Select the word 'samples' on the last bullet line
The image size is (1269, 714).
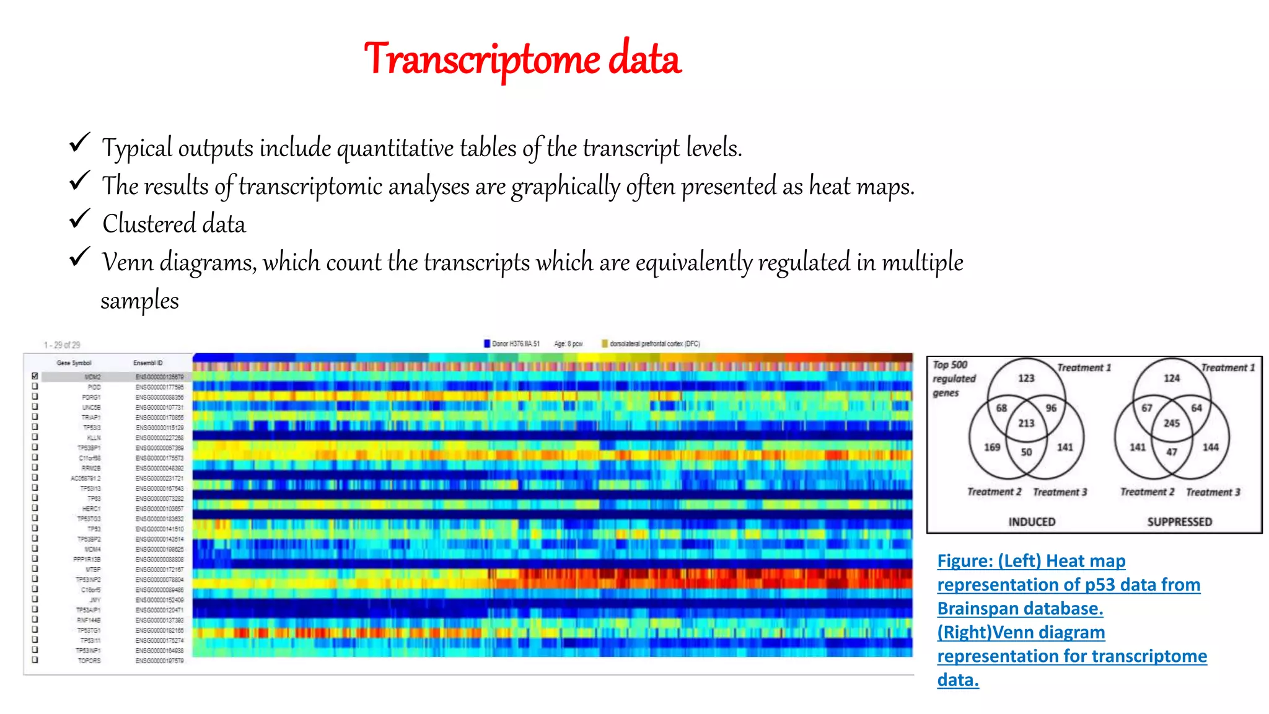[x=139, y=301]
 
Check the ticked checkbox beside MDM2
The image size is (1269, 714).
[x=35, y=376]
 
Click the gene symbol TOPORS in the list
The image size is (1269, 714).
[x=89, y=661]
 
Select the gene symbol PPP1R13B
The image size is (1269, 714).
[x=87, y=559]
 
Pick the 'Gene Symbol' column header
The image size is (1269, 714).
[x=74, y=363]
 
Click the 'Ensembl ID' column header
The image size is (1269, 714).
[x=147, y=363]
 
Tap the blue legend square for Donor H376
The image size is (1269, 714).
[x=487, y=343]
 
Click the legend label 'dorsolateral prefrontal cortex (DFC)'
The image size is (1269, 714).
[x=654, y=343]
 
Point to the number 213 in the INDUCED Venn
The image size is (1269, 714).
[x=1026, y=423]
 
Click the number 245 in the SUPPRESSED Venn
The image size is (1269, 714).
[x=1171, y=423]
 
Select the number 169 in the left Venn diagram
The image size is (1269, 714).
[x=992, y=447]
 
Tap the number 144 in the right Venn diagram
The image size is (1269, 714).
[x=1210, y=447]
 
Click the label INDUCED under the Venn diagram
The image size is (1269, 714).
[x=1032, y=522]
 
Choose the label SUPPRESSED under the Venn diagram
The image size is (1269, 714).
[x=1179, y=522]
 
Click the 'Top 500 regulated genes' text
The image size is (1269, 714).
[x=954, y=379]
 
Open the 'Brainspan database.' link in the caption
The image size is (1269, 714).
[x=1020, y=609]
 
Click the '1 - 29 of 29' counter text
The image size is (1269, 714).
[x=62, y=345]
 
